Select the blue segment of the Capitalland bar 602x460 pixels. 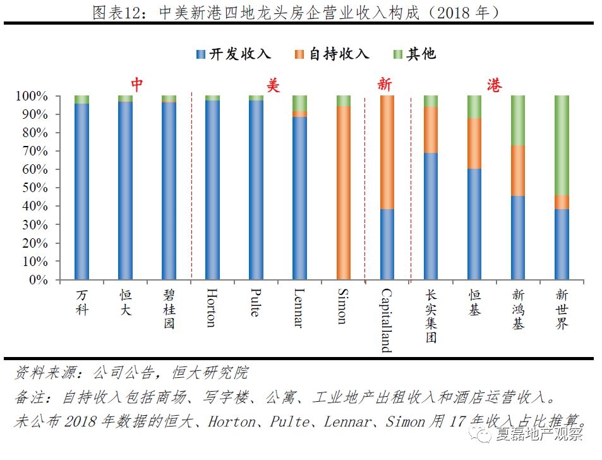point(387,245)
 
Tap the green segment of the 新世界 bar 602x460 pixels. point(562,145)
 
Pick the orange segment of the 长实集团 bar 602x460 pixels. point(431,130)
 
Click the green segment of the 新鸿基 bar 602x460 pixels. point(518,121)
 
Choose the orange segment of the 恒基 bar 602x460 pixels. point(474,143)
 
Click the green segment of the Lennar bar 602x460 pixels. point(300,104)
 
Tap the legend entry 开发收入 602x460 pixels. point(233,54)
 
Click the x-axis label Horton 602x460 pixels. point(212,309)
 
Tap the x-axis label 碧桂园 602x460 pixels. point(169,310)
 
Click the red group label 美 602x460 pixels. point(272,85)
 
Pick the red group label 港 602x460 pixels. point(495,85)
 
